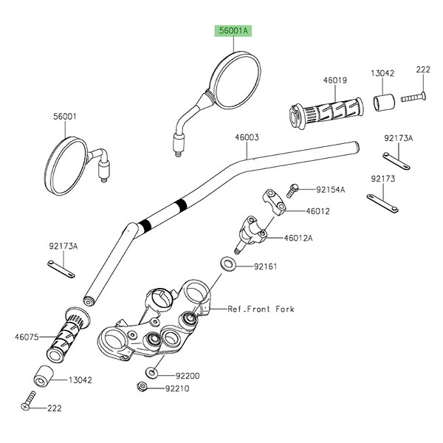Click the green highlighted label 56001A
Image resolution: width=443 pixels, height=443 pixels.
coord(233,30)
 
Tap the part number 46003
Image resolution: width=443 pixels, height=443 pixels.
coord(247,137)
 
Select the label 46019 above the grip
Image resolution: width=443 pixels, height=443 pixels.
coord(335,80)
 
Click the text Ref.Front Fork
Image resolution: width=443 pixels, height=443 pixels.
coord(261,309)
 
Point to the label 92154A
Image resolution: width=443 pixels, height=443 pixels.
coord(330,190)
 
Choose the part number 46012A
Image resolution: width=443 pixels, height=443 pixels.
coord(298,238)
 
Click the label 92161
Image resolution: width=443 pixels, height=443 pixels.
coord(265,267)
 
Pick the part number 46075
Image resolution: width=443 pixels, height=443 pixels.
coord(27,337)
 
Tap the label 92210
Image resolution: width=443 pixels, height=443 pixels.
coord(177,388)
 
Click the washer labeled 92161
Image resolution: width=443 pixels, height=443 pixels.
coord(227,264)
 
